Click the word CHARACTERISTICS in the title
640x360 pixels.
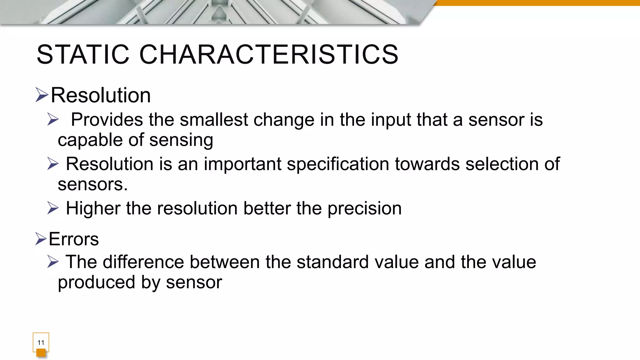tap(269, 55)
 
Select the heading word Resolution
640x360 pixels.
tap(101, 95)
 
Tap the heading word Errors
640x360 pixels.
tap(74, 239)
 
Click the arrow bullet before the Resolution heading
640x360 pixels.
tap(42, 95)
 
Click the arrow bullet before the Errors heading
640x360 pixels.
tap(41, 239)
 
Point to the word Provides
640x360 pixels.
tap(107, 120)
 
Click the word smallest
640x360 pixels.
tap(214, 120)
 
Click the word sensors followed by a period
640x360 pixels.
tap(92, 184)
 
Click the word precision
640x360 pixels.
tap(364, 208)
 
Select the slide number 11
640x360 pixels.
tap(41, 342)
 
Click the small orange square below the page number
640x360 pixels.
tap(41, 353)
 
